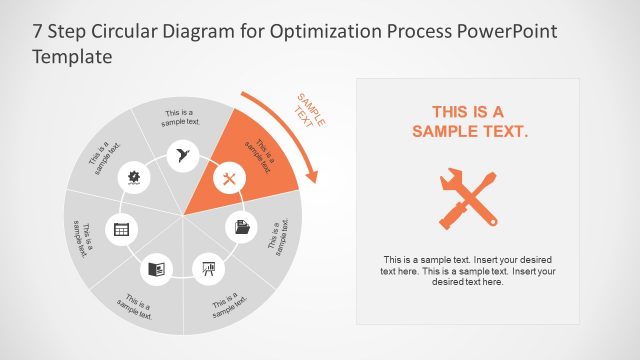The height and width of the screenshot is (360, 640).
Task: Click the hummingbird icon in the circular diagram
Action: (182, 155)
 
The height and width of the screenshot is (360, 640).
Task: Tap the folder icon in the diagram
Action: (241, 227)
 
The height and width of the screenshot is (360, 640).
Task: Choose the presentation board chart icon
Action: (209, 268)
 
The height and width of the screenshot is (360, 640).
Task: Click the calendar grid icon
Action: (121, 229)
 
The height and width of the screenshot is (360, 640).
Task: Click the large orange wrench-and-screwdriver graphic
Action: (467, 196)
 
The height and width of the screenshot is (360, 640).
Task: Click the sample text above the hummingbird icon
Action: (182, 118)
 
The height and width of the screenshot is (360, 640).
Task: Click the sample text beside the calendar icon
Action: (84, 236)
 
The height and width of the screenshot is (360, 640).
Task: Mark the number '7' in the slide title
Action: (38, 31)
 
